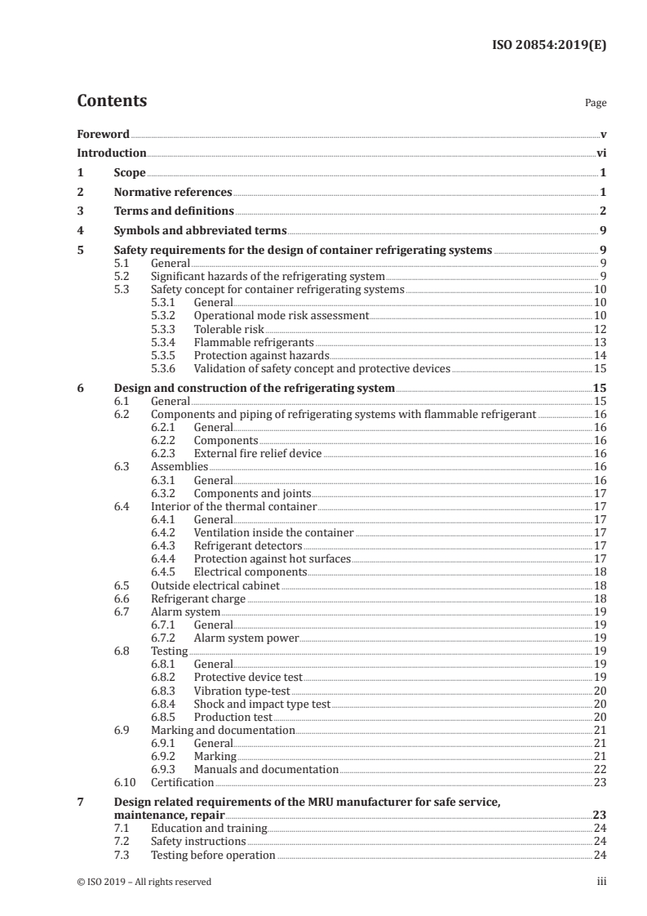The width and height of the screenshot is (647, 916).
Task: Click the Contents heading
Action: (x=112, y=101)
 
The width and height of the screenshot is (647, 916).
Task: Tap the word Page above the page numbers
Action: (x=595, y=104)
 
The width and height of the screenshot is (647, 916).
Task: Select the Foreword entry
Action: (x=103, y=134)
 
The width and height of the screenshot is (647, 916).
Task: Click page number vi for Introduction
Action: (x=600, y=153)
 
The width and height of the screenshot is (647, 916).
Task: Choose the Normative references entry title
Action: (x=173, y=193)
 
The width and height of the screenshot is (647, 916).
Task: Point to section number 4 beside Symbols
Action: (x=80, y=231)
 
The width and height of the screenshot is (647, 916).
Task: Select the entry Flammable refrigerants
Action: (x=253, y=342)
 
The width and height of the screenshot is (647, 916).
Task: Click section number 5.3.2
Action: (x=166, y=315)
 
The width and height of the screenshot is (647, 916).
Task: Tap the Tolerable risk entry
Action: (x=229, y=328)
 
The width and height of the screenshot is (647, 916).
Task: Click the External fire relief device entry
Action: (x=258, y=453)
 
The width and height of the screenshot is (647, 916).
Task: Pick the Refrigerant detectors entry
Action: (x=247, y=545)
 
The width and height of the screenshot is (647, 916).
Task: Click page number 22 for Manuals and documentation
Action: (x=599, y=769)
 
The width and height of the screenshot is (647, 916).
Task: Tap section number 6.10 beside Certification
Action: (x=123, y=782)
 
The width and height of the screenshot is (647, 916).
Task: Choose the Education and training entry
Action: (x=209, y=829)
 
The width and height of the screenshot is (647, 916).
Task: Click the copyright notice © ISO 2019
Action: (x=144, y=882)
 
